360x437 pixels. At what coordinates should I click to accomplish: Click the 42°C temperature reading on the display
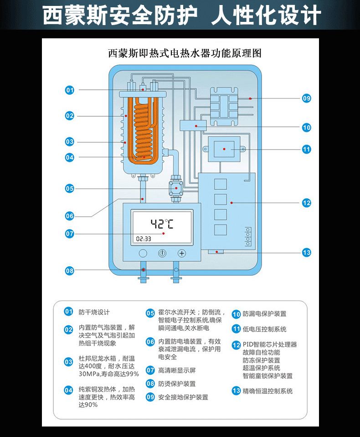[162, 224]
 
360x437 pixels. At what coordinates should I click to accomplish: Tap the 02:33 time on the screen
[144, 239]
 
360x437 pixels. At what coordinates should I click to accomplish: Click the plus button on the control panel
[182, 253]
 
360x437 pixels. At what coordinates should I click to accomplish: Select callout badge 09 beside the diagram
[307, 98]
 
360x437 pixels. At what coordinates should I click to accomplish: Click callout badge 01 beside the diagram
[69, 90]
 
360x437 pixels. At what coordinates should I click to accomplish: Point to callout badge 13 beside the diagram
[307, 252]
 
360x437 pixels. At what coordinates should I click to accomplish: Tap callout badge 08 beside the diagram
[69, 271]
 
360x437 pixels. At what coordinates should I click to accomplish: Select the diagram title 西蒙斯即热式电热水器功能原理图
[185, 53]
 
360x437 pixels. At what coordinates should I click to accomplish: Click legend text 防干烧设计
[94, 312]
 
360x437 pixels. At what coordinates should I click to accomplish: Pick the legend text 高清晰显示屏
[177, 370]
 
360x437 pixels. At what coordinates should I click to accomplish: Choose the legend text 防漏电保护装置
[264, 314]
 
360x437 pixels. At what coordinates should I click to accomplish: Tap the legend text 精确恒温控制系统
[267, 391]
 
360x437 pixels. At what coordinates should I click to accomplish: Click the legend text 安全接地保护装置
[183, 397]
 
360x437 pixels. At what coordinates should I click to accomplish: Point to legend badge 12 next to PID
[236, 345]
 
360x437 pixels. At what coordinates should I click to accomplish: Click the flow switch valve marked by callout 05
[175, 187]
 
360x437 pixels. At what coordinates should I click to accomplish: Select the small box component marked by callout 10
[194, 125]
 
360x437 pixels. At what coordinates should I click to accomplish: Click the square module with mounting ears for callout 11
[224, 149]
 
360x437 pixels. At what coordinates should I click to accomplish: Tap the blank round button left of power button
[143, 253]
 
